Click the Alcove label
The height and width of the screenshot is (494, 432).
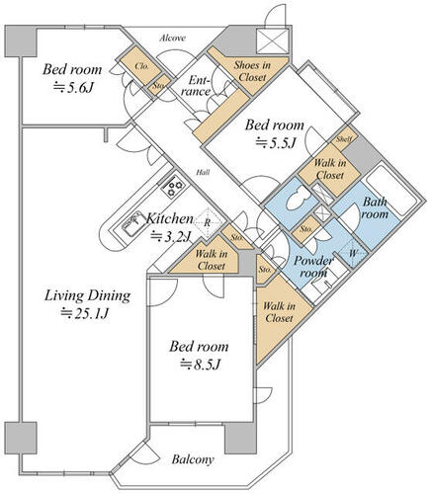173,39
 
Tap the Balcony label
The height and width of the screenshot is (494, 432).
193,459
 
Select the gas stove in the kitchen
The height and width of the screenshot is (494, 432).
173,187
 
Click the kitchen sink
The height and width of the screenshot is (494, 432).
132,223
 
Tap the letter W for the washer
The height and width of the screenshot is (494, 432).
353,254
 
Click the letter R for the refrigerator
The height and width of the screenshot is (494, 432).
207,223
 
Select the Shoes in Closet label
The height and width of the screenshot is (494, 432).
252,71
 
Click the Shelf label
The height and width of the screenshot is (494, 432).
344,139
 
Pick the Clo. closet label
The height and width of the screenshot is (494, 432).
141,66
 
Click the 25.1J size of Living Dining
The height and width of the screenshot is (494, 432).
85,313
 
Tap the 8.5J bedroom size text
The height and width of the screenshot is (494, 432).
200,365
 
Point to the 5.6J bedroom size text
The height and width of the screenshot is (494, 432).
74,87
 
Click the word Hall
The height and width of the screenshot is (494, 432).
203,172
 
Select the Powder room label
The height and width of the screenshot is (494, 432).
313,266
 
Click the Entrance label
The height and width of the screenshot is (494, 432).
196,86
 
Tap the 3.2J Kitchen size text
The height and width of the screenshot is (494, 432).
171,236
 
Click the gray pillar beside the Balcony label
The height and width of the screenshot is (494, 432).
240,438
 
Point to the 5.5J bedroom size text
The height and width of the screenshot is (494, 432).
275,142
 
